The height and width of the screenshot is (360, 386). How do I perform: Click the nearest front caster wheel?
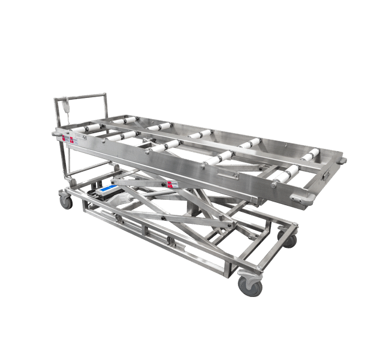coord(249,286)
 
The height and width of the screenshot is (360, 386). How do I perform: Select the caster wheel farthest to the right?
coord(290,241)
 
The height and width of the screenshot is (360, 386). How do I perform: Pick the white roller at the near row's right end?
coord(287,173)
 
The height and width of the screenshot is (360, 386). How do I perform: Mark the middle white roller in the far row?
coord(201,134)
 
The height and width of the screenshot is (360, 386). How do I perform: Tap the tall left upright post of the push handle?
coord(60,144)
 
